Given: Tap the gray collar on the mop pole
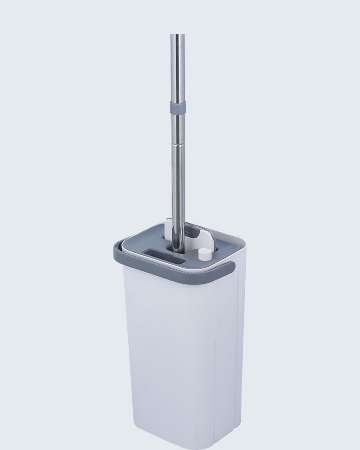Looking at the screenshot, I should [x=178, y=108].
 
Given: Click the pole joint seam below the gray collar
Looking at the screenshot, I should [x=178, y=144].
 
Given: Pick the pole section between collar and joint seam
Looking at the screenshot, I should [x=178, y=128].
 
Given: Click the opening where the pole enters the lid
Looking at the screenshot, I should [x=175, y=247].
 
